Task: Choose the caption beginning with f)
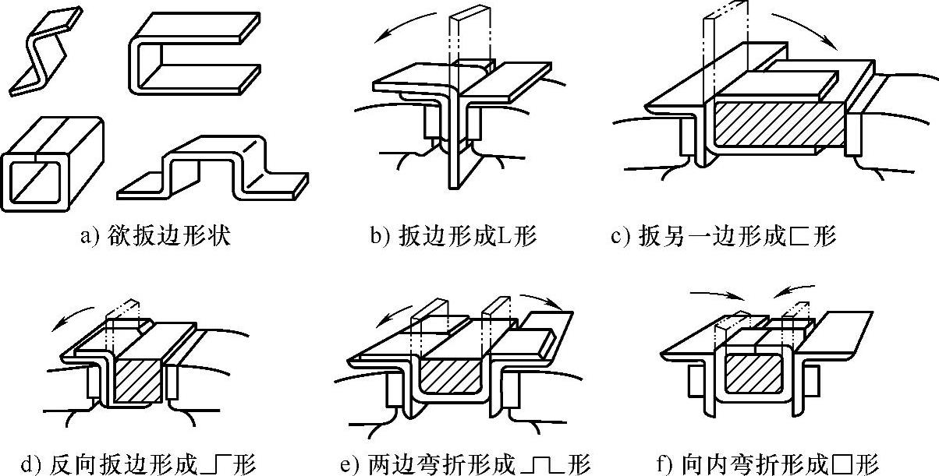768,464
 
